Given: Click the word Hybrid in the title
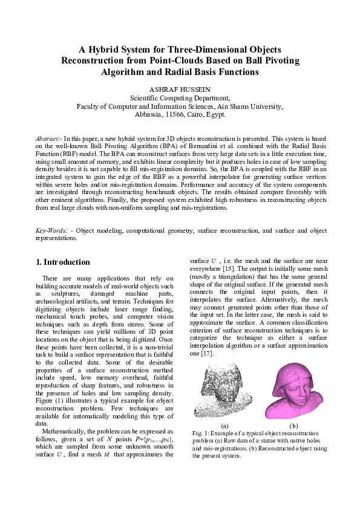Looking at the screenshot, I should point(104,49).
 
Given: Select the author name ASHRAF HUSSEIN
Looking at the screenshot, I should point(180,89).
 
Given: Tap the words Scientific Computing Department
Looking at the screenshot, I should point(180,97).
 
